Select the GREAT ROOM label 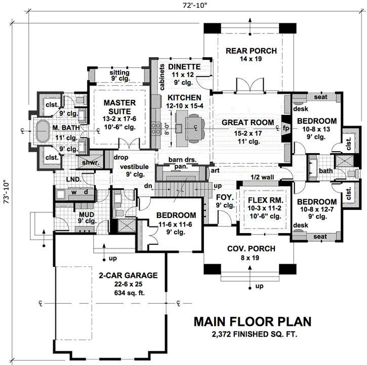click(x=248, y=122)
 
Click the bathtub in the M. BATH click(x=41, y=130)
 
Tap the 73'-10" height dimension click(x=6, y=193)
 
